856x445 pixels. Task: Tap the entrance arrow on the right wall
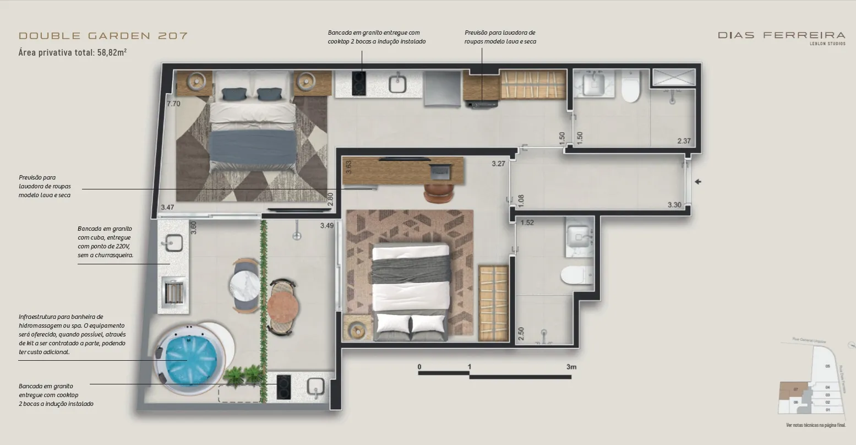(x=698, y=182)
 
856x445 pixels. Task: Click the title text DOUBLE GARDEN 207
(x=103, y=36)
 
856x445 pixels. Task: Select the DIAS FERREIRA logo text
(x=781, y=35)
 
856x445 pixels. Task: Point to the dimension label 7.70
(x=173, y=103)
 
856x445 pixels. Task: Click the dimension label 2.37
(x=684, y=141)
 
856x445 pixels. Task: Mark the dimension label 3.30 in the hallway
(x=674, y=205)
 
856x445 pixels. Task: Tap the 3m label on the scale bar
(x=571, y=367)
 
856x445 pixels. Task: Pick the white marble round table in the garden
(x=245, y=285)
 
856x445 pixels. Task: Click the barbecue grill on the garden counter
(x=173, y=291)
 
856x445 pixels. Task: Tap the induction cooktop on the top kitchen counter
(x=359, y=84)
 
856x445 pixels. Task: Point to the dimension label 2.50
(x=521, y=333)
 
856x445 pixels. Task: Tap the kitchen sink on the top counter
(x=397, y=84)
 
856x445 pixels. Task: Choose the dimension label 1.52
(x=527, y=223)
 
